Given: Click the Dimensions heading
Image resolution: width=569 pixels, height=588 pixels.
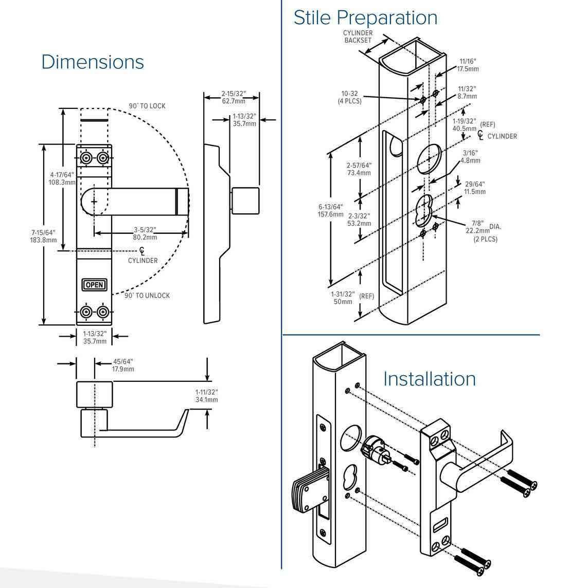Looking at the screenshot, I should [93, 62].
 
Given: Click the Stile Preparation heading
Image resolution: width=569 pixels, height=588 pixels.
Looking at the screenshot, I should [365, 17].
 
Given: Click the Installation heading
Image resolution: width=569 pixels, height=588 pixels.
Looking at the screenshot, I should [430, 379].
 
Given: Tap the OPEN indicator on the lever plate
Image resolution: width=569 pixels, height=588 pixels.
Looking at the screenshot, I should [94, 285].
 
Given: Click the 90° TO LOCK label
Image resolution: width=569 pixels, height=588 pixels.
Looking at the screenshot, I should [147, 106].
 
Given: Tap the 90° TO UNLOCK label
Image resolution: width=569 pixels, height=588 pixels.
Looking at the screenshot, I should [147, 296].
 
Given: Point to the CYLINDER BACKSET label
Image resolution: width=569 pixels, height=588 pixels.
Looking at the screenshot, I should [358, 36].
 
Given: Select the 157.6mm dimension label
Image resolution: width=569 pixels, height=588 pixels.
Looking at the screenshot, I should [330, 211].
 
